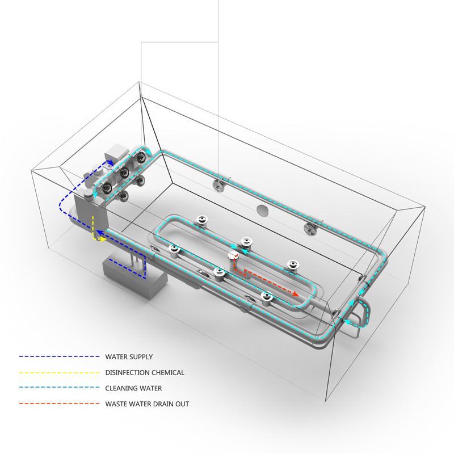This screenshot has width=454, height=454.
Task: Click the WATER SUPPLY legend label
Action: [x=129, y=357]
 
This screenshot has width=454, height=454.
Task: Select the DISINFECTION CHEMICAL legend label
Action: [x=145, y=372]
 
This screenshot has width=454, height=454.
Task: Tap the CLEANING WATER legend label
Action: [x=133, y=388]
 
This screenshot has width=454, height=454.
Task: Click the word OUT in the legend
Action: [x=182, y=404]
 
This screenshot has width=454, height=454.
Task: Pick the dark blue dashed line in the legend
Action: [x=60, y=356]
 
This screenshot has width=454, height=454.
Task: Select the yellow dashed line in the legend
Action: [x=60, y=372]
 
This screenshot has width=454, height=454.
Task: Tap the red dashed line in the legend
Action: [x=60, y=403]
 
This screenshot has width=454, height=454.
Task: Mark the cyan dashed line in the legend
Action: [x=60, y=388]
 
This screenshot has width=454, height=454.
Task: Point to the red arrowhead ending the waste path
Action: [x=296, y=294]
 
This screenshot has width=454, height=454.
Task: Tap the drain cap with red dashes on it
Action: [x=233, y=256]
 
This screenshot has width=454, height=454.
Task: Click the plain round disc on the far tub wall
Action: [x=263, y=211]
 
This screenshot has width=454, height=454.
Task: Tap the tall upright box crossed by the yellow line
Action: [x=91, y=213]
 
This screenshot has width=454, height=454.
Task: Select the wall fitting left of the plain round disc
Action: [x=218, y=185]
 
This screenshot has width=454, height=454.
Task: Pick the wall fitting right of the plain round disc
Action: [x=310, y=229]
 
